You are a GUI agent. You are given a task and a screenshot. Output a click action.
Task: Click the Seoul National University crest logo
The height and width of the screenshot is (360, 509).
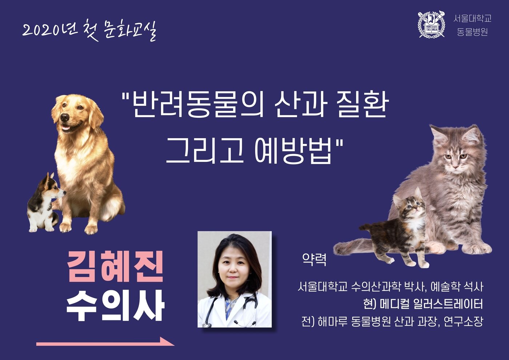click(x=432, y=24)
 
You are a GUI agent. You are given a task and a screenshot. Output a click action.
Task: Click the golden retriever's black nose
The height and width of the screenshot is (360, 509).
click(x=65, y=117)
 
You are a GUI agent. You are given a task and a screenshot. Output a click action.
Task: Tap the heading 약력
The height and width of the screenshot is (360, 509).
click(x=314, y=260)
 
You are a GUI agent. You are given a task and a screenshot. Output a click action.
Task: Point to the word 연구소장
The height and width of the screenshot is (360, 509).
click(x=463, y=321)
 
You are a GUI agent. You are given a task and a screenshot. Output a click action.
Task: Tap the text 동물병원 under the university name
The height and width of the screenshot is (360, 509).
click(x=472, y=32)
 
